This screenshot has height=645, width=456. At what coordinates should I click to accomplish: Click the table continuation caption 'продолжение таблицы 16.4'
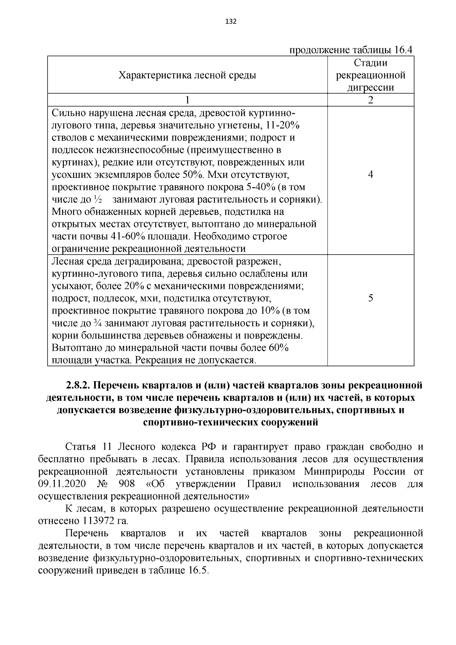tap(351, 50)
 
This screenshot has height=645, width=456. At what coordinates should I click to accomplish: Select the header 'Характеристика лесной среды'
tap(187, 75)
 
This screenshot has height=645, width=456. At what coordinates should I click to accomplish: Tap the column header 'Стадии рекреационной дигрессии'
tap(370, 75)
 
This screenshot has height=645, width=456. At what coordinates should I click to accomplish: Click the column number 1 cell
tap(187, 100)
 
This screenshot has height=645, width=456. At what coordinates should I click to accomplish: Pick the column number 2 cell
tap(370, 100)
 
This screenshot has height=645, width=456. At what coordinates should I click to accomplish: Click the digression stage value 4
tap(370, 174)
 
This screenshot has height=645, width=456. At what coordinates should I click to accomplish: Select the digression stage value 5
tap(370, 298)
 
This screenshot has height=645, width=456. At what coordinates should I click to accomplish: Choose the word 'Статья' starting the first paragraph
tap(79, 447)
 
